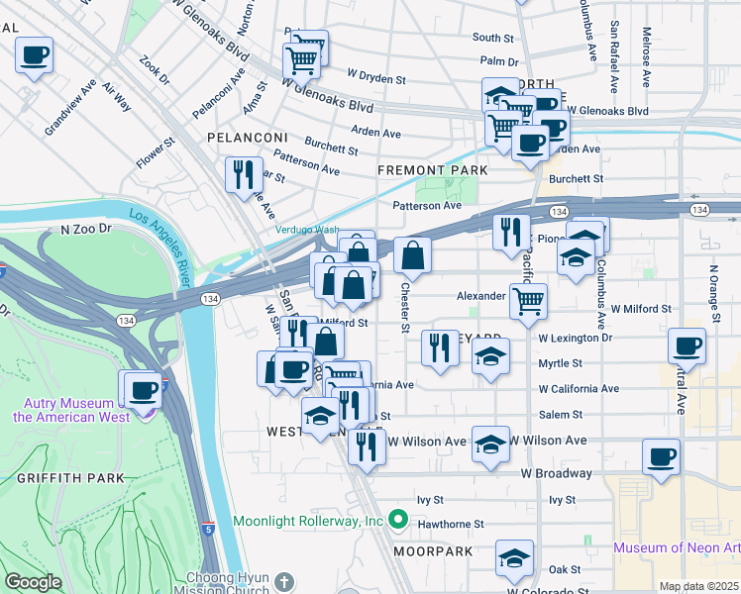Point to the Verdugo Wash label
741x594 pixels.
coord(307,230)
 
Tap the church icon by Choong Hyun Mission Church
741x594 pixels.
coord(284,581)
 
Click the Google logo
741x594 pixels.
coord(33,582)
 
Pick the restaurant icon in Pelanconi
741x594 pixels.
coord(244,175)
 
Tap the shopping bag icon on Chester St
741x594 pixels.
coord(412,254)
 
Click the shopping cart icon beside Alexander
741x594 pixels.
coord(529,299)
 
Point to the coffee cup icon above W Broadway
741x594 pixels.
coord(661,456)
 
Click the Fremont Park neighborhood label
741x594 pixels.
coord(427,170)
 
